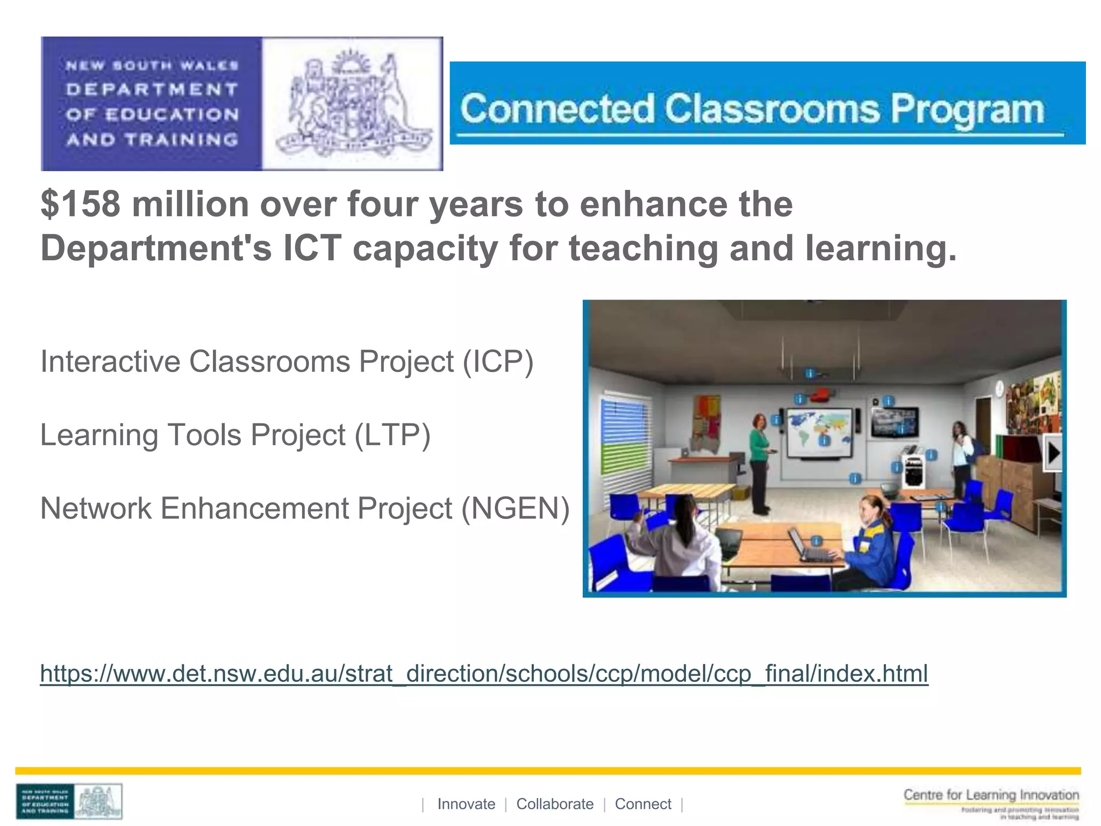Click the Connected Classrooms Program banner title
pos(752,109)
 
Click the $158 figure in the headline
pos(81,204)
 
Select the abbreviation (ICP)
pos(498,361)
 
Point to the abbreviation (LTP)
pos(392,435)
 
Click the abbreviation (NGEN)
pos(515,508)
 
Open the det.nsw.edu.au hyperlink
pos(484,673)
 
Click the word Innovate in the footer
pos(466,804)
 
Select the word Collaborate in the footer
pos(555,804)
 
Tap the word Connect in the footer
pos(643,804)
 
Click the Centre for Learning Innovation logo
pos(991,803)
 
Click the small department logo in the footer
pos(69,802)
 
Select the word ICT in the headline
pos(312,248)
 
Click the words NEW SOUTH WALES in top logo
pos(152,66)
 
